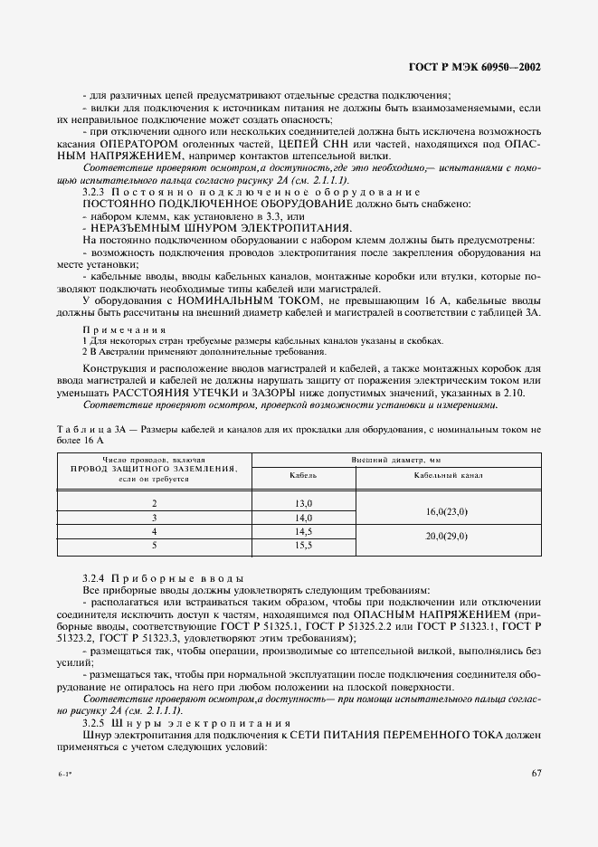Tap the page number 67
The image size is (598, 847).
[x=536, y=773]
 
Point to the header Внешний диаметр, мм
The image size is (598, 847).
[x=396, y=460]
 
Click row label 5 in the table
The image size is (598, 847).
[x=154, y=546]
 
